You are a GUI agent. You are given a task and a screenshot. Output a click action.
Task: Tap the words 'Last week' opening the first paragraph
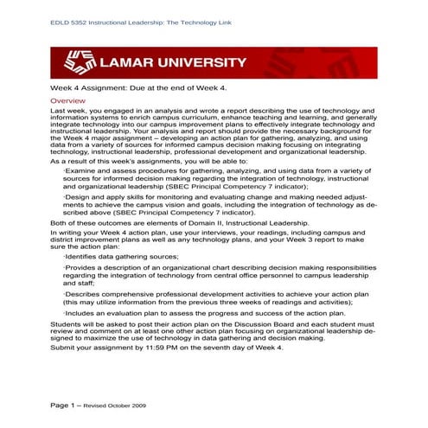click(x=68, y=112)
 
